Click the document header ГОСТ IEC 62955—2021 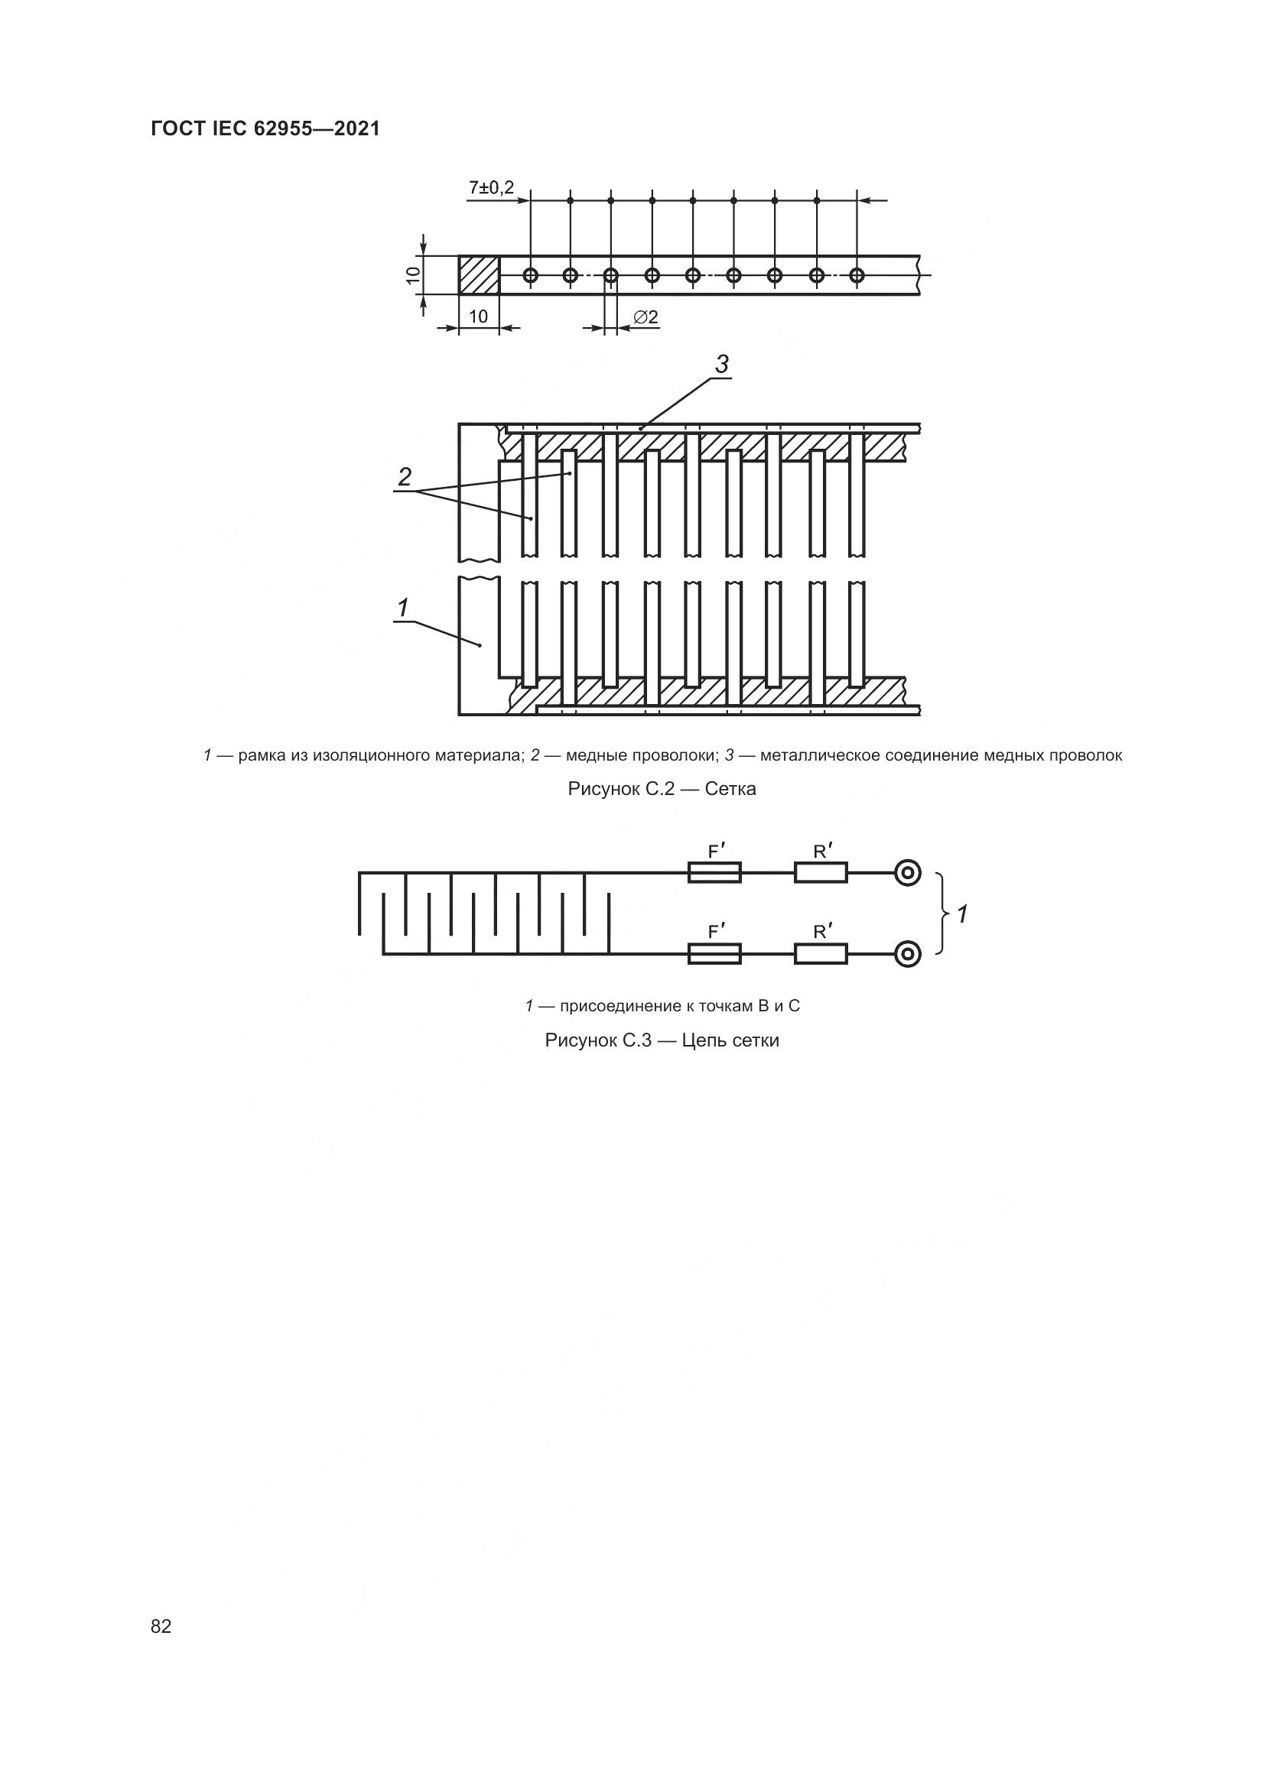coord(265,129)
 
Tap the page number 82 coord(161,1626)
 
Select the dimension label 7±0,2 coord(491,189)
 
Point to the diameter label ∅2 coord(646,318)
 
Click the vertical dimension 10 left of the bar coord(413,275)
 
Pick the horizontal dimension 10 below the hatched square coord(478,316)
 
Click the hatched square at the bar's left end coord(478,275)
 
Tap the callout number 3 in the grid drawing coord(722,364)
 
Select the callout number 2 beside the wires coord(405,476)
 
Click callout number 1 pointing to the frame coord(403,608)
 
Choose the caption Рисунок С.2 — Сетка coord(662,789)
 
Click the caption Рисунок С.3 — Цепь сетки coord(662,1040)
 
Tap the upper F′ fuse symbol coord(714,873)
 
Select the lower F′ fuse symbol coord(714,953)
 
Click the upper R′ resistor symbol coord(821,873)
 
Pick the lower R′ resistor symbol coord(821,953)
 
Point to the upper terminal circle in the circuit coord(908,873)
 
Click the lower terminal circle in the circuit coord(908,953)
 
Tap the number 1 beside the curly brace coord(963,914)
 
